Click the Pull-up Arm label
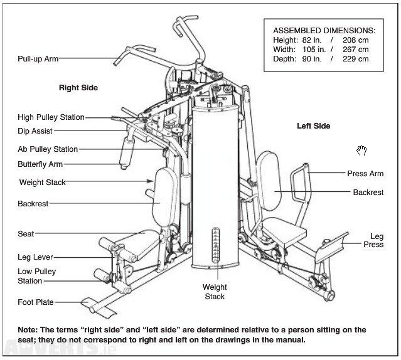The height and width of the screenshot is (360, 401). click(38, 59)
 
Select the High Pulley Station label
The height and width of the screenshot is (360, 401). click(51, 117)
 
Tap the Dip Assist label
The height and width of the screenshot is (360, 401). click(35, 131)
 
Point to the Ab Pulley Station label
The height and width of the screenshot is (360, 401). click(48, 149)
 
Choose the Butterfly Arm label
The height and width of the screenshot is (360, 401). click(40, 164)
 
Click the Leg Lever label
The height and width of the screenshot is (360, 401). click(35, 257)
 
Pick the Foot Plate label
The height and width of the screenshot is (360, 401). click(36, 302)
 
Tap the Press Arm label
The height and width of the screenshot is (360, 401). click(365, 174)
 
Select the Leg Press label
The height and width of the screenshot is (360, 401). click(377, 241)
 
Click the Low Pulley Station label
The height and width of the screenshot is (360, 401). click(36, 276)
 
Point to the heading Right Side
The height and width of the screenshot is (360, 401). click(78, 88)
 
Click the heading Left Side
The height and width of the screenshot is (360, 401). click(313, 126)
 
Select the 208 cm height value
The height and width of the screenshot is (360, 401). click(355, 40)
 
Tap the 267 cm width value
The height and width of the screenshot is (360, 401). click(355, 49)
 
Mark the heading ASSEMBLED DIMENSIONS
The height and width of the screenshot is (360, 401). click(324, 29)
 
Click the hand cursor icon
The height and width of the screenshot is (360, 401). click(361, 150)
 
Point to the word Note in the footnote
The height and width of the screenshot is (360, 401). click(28, 330)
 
